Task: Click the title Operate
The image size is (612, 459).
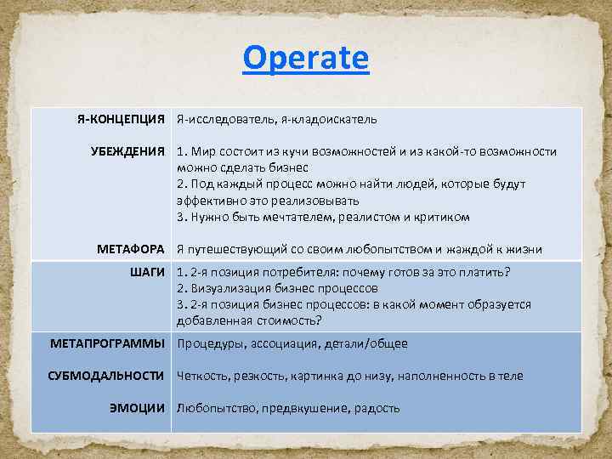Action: [305, 59]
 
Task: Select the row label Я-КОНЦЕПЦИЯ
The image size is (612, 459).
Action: [121, 120]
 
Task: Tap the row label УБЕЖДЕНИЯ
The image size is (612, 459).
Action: [127, 151]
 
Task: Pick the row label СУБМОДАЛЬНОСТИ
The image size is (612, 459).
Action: [107, 375]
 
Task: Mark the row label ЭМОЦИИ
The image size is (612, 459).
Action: [137, 407]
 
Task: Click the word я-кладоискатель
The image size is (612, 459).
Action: [328, 120]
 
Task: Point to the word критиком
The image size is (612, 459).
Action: [443, 217]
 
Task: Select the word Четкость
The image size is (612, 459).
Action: [202, 376]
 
